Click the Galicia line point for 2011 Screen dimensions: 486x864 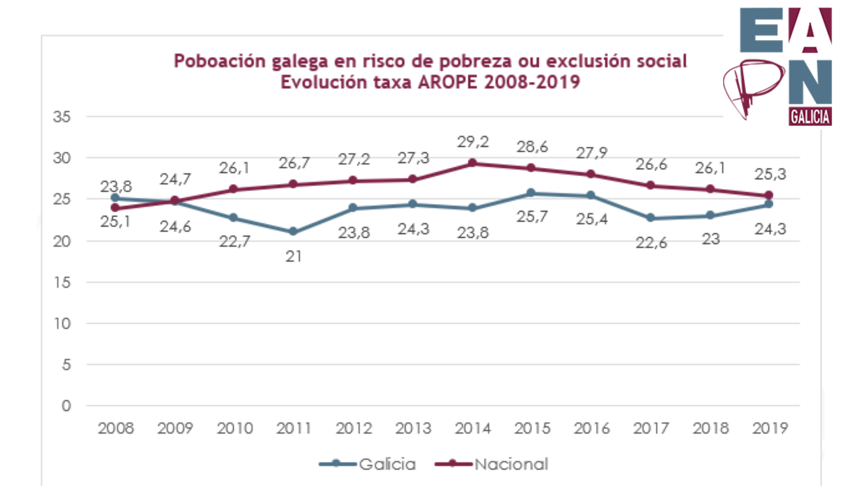(293, 231)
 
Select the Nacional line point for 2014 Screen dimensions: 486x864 (472, 163)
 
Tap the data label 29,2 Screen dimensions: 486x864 (472, 142)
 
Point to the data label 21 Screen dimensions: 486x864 (293, 256)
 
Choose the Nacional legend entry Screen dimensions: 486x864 (492, 464)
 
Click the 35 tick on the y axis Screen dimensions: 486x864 (62, 117)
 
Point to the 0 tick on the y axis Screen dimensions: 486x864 (66, 406)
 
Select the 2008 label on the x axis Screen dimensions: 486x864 (116, 428)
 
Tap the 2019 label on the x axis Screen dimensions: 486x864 (770, 428)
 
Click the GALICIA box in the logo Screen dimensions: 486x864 (810, 117)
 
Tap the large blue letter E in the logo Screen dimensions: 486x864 (761, 30)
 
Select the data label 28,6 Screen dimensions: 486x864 (532, 147)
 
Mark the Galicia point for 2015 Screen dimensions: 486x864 (531, 193)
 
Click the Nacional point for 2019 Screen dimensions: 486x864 (769, 195)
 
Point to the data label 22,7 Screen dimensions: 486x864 (234, 242)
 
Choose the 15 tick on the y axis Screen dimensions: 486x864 (62, 283)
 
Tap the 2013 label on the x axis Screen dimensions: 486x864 (413, 428)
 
